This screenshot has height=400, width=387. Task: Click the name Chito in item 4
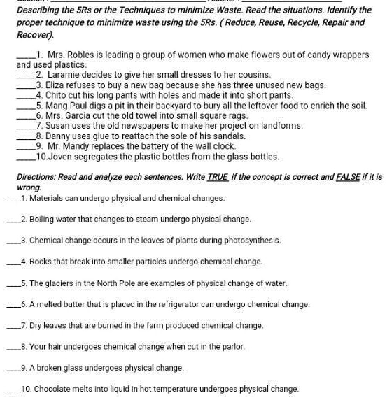coord(59,95)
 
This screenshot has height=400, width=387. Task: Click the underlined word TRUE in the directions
coord(217,178)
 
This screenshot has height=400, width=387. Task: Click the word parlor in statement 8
coord(230,346)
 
